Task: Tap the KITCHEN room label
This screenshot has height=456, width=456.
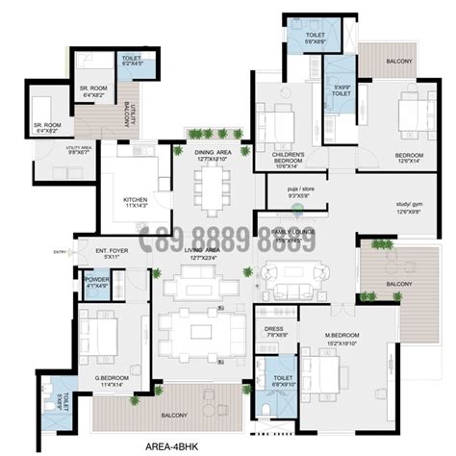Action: [x=136, y=202]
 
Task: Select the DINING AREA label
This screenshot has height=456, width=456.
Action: [x=212, y=152]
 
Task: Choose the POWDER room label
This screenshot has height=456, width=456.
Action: [x=96, y=281]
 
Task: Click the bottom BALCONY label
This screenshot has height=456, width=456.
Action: [x=158, y=414]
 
